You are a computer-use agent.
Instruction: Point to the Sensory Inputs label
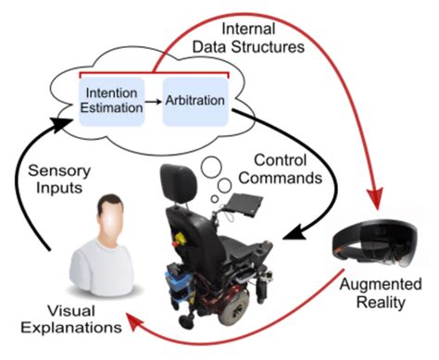[56, 180]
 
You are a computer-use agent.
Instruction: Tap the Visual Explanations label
[56, 318]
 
